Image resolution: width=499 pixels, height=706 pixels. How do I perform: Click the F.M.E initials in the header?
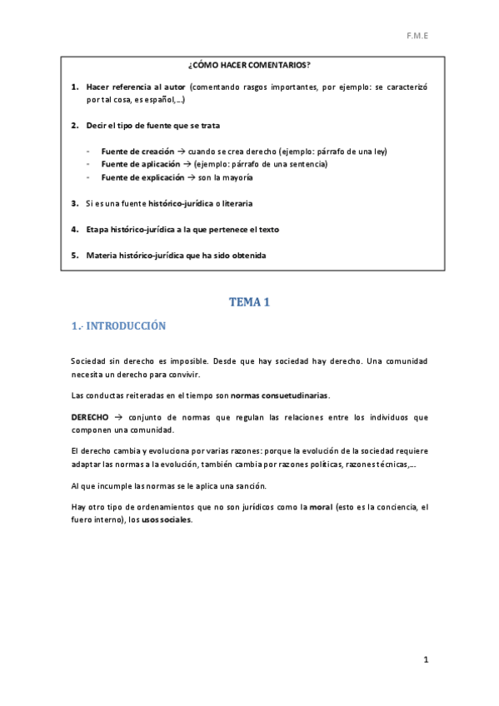click(x=417, y=37)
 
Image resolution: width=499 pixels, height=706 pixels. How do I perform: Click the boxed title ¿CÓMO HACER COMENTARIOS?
click(x=249, y=65)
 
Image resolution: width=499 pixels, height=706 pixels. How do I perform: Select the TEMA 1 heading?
click(x=249, y=302)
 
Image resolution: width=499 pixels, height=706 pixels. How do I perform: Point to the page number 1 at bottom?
click(x=426, y=660)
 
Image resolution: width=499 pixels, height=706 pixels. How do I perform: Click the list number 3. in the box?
click(x=75, y=203)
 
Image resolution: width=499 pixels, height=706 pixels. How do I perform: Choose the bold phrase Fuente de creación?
click(x=137, y=152)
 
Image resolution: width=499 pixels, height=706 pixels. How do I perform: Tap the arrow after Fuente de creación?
click(x=180, y=152)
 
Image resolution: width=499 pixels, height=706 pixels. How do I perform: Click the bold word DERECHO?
click(x=90, y=417)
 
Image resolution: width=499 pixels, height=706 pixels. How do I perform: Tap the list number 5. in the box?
click(x=75, y=255)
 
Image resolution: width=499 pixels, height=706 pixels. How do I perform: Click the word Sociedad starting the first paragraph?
click(x=88, y=360)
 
